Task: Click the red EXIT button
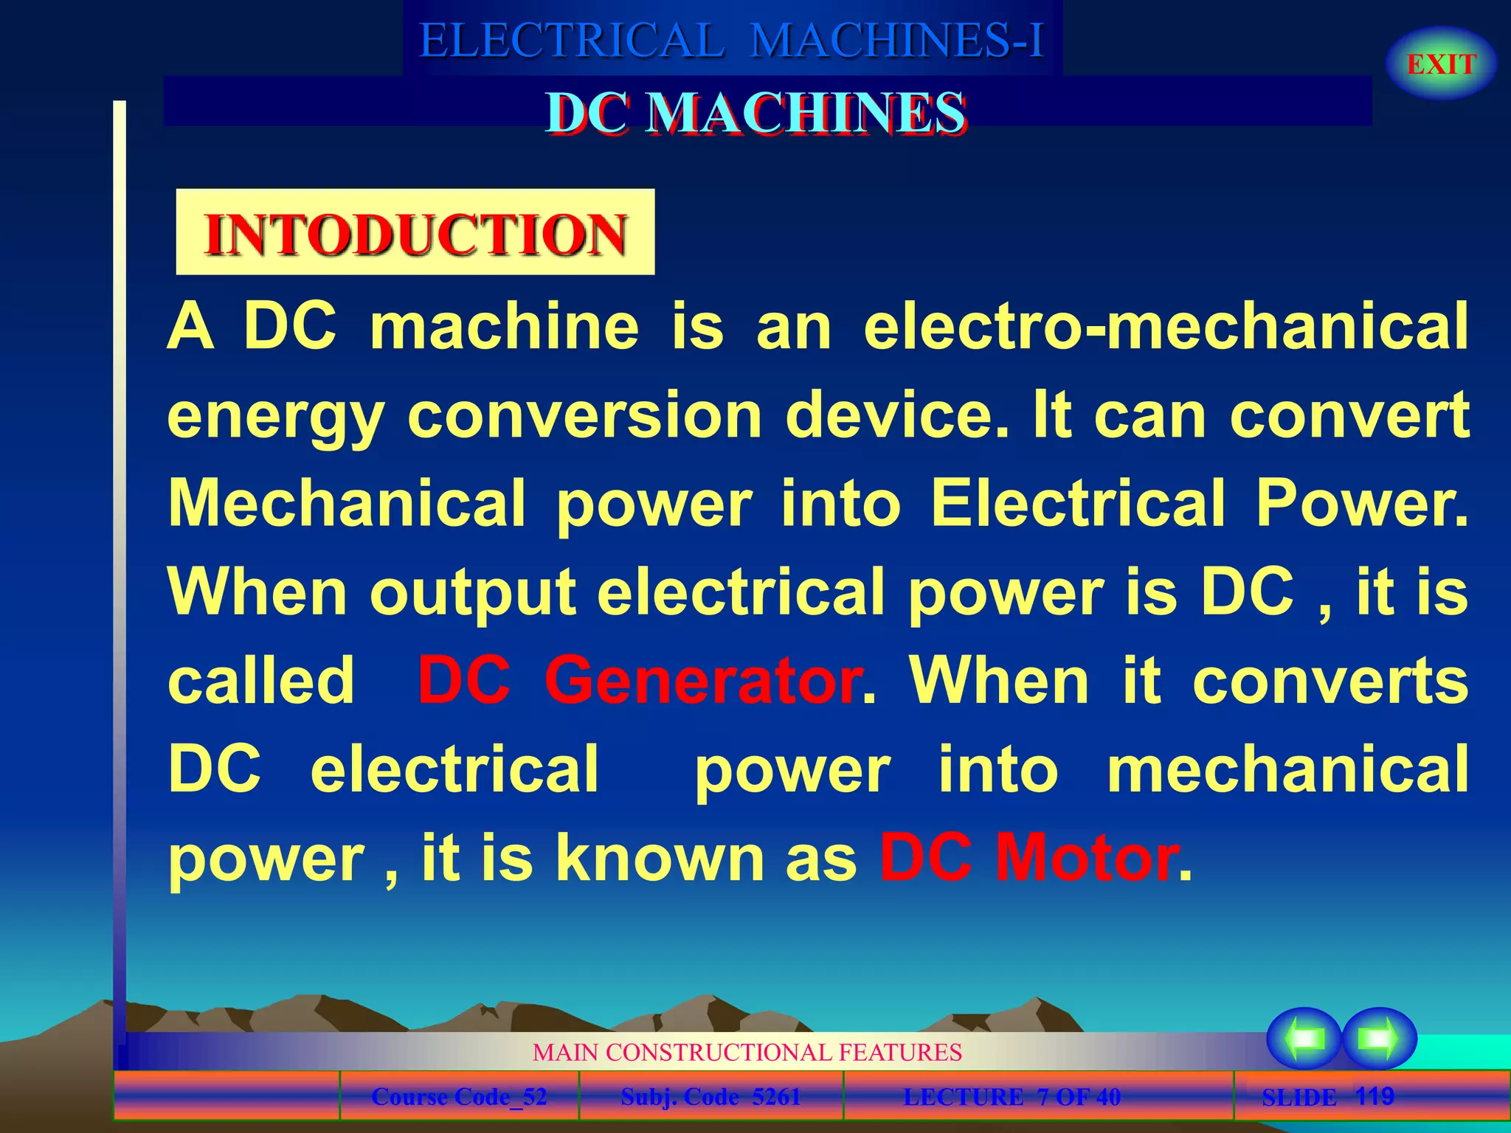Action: (x=1441, y=64)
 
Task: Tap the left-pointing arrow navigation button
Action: (x=1304, y=1039)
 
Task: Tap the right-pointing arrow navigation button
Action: (x=1379, y=1039)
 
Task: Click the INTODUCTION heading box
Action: (x=415, y=233)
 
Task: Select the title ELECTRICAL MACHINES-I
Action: (x=732, y=40)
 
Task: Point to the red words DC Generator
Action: (x=639, y=680)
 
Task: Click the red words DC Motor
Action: (x=1028, y=857)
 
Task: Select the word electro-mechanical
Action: (x=1166, y=326)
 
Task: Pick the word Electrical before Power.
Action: (x=1078, y=503)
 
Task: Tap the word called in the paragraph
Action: (x=261, y=680)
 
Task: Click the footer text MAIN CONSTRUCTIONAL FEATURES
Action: (x=747, y=1052)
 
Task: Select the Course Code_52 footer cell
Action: (x=459, y=1097)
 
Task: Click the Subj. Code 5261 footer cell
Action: (x=710, y=1097)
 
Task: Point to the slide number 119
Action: (x=1375, y=1096)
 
